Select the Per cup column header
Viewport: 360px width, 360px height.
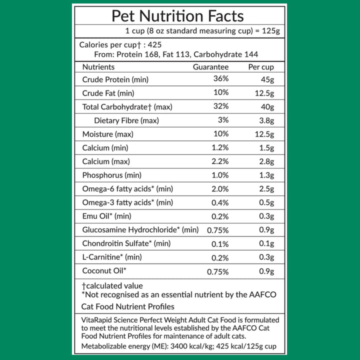click(x=260, y=67)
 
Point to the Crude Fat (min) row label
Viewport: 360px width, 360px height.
click(x=108, y=93)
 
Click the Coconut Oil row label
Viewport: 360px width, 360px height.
click(x=104, y=271)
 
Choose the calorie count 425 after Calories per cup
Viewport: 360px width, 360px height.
click(x=154, y=44)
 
